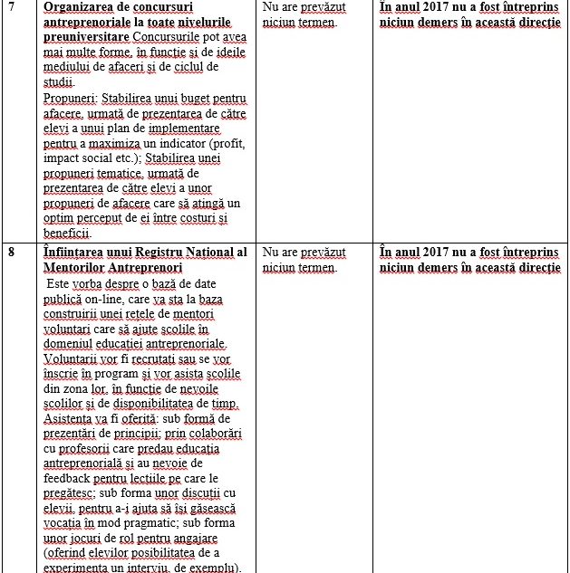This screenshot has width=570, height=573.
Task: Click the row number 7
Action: [x=11, y=7]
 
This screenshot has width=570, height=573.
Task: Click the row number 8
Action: [x=11, y=252]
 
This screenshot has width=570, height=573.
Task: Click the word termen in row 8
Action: [x=317, y=267]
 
